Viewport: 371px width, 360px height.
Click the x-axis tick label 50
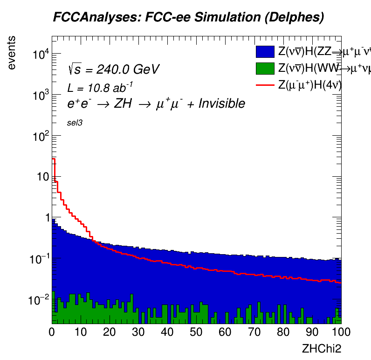196,332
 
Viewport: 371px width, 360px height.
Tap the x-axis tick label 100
341,332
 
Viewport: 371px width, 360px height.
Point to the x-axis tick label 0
52,332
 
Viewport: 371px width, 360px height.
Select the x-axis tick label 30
138,332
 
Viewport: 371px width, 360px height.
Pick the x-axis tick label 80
283,332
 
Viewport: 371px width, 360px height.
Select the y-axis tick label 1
45,218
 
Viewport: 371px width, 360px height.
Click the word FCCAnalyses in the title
90,18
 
